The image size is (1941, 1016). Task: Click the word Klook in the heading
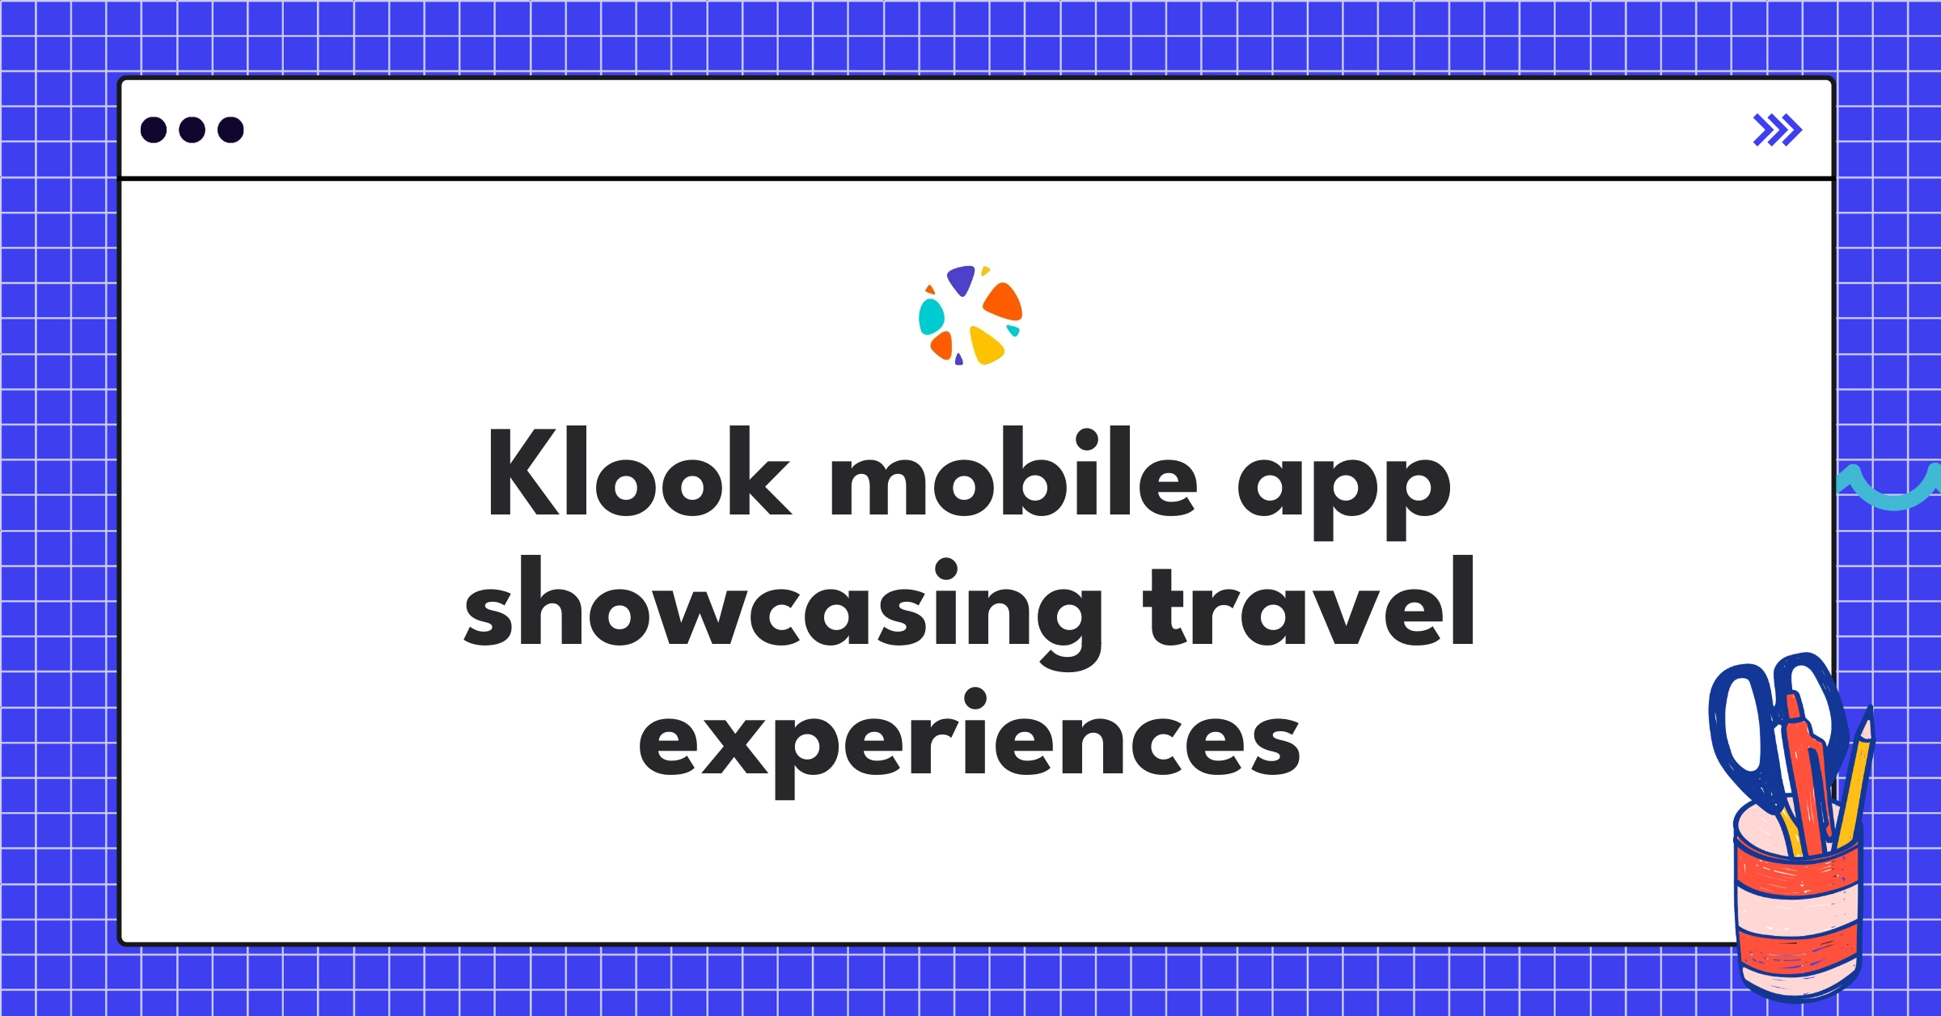tap(639, 473)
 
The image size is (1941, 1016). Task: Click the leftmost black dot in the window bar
tap(154, 129)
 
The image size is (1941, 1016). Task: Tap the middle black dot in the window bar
tap(192, 129)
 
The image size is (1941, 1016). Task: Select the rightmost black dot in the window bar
tap(230, 129)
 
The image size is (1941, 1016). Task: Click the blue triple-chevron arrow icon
tap(1777, 130)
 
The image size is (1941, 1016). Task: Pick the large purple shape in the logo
tap(961, 279)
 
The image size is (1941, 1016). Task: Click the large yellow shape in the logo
tap(986, 345)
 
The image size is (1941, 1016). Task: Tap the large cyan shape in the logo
tap(931, 316)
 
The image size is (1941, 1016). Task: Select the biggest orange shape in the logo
tap(1004, 301)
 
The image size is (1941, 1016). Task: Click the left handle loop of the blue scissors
tap(1740, 728)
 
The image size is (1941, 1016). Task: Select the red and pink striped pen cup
tap(1798, 914)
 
